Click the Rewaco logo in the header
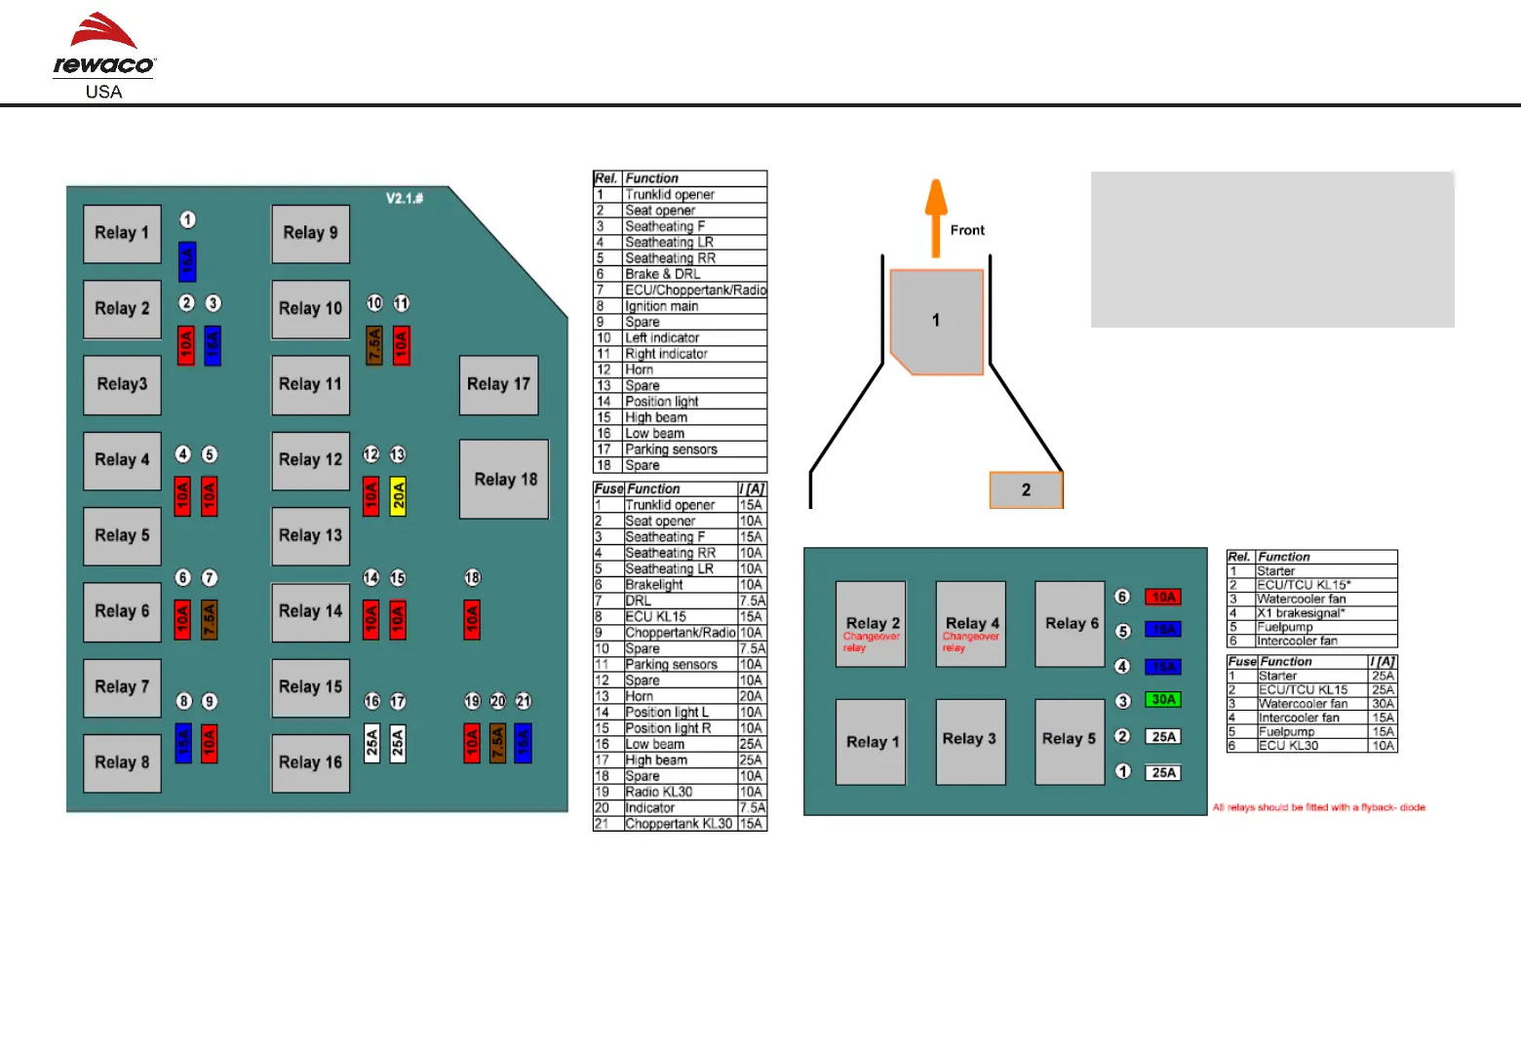(x=103, y=56)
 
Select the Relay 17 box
(x=498, y=384)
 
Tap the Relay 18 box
(x=505, y=479)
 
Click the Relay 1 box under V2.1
(x=122, y=233)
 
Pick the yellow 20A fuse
(x=398, y=496)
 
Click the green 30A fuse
(x=1163, y=700)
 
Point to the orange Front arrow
(x=936, y=216)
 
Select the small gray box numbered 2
(x=1026, y=489)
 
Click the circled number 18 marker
(x=472, y=578)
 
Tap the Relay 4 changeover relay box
(x=971, y=624)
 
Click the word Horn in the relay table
(x=640, y=370)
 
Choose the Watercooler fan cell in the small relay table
(x=1302, y=599)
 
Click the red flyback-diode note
(x=1318, y=807)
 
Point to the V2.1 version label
(x=405, y=199)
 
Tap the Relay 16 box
(x=310, y=762)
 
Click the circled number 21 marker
(x=524, y=701)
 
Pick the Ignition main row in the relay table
(x=662, y=306)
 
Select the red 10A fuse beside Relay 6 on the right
(x=1163, y=597)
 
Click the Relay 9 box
(x=310, y=233)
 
